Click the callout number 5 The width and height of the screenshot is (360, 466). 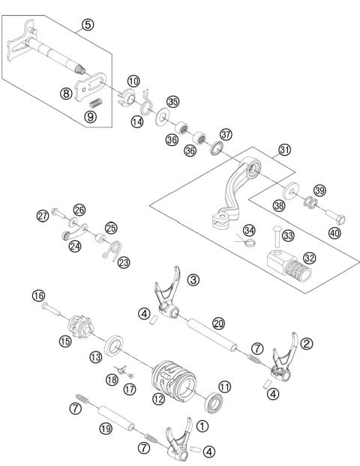coord(88,25)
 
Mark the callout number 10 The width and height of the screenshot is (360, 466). coord(133,81)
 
